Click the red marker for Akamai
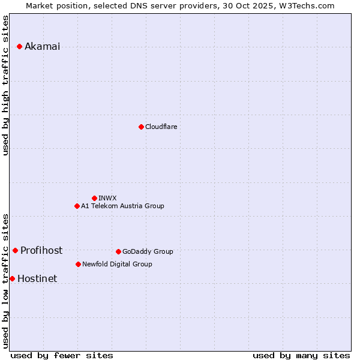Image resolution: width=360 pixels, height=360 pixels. pyautogui.click(x=19, y=46)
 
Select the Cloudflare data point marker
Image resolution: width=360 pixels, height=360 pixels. pyautogui.click(x=141, y=127)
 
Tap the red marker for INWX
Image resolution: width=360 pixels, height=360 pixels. pyautogui.click(x=94, y=198)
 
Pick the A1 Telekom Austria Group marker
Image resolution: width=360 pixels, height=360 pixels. pyautogui.click(x=77, y=206)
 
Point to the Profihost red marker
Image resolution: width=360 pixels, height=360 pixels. pyautogui.click(x=15, y=250)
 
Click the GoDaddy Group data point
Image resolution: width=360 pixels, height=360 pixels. pyautogui.click(x=118, y=251)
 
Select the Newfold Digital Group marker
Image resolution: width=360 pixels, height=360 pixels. pyautogui.click(x=78, y=264)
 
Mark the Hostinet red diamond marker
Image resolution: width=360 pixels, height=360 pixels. pyautogui.click(x=12, y=278)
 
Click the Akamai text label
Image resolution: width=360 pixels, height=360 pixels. pyautogui.click(x=42, y=47)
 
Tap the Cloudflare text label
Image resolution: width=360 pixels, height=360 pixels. pyautogui.click(x=161, y=127)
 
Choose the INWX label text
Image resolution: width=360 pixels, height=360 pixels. pyautogui.click(x=107, y=198)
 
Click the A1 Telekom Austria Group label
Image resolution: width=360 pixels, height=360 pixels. pyautogui.click(x=122, y=206)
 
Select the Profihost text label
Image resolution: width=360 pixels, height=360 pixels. pyautogui.click(x=41, y=251)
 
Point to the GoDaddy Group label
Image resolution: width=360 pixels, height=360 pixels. pyautogui.click(x=148, y=252)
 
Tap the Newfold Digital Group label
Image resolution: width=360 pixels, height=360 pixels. pyautogui.click(x=117, y=265)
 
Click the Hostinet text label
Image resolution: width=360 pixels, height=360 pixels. pyautogui.click(x=37, y=279)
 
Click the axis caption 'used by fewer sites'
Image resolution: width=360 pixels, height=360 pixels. pyautogui.click(x=62, y=355)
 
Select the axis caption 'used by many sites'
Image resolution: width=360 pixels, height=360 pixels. pyautogui.click(x=301, y=355)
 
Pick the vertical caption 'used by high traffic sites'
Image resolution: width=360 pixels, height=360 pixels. pyautogui.click(x=6, y=85)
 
